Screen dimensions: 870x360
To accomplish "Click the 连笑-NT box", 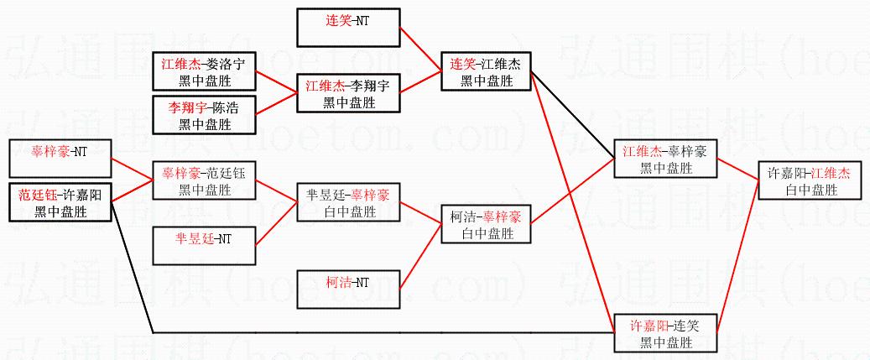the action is coord(348,26).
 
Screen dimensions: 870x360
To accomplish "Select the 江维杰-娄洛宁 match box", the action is coord(205,70).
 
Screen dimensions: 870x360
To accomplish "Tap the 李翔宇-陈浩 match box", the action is coord(205,116).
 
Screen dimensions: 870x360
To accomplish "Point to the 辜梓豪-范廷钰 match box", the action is coord(204,181).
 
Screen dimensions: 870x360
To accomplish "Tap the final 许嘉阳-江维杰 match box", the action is coord(809,181).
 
